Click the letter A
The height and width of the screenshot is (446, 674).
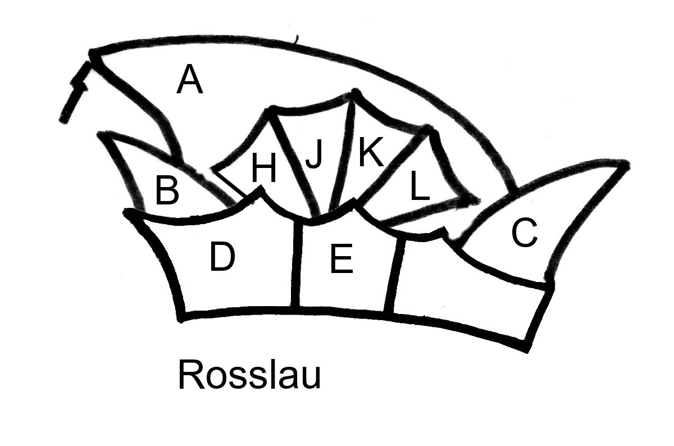(x=189, y=80)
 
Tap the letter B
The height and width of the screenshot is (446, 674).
(x=167, y=191)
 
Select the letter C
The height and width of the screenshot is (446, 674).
(x=524, y=233)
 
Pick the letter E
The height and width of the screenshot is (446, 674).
(x=341, y=260)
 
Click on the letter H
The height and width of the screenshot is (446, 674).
(x=263, y=169)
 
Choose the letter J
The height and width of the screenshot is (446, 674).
(x=314, y=156)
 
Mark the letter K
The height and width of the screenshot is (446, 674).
(x=370, y=153)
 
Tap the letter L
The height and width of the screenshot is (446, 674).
(x=419, y=186)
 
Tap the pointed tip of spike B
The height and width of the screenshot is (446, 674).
(x=102, y=134)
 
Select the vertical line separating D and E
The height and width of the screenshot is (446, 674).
(x=296, y=264)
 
